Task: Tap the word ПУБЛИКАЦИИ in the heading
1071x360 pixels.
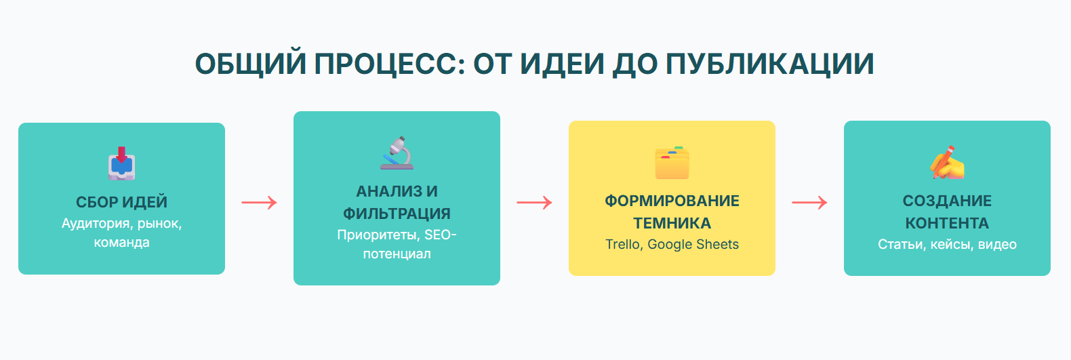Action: click(770, 64)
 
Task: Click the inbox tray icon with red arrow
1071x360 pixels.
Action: click(121, 163)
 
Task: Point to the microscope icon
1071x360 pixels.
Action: click(397, 153)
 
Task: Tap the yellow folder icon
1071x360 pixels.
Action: click(672, 163)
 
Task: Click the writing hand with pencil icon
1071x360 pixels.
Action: click(947, 163)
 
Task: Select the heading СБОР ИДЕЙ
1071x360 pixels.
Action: click(121, 202)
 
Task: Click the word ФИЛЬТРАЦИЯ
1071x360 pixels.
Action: click(397, 214)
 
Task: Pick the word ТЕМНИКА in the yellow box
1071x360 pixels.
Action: click(672, 223)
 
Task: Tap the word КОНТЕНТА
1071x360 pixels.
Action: click(947, 223)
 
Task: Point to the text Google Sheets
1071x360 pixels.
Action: click(693, 244)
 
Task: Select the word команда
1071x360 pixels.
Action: click(121, 243)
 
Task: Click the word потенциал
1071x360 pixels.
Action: click(397, 254)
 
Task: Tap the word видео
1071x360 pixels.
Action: click(997, 244)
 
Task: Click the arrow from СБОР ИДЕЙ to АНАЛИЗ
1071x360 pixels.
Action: click(259, 203)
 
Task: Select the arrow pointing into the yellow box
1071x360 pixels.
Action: click(535, 203)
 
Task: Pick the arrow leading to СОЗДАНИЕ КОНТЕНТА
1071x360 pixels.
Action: click(809, 203)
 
